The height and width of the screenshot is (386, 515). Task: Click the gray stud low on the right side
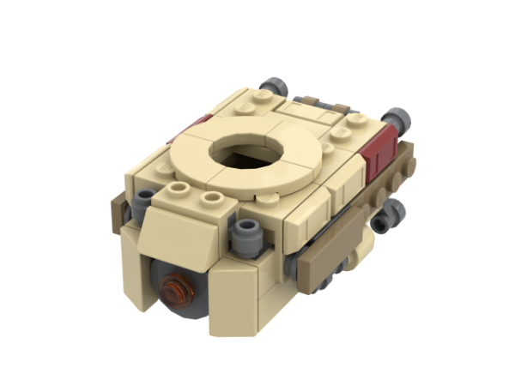coord(391,211)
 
